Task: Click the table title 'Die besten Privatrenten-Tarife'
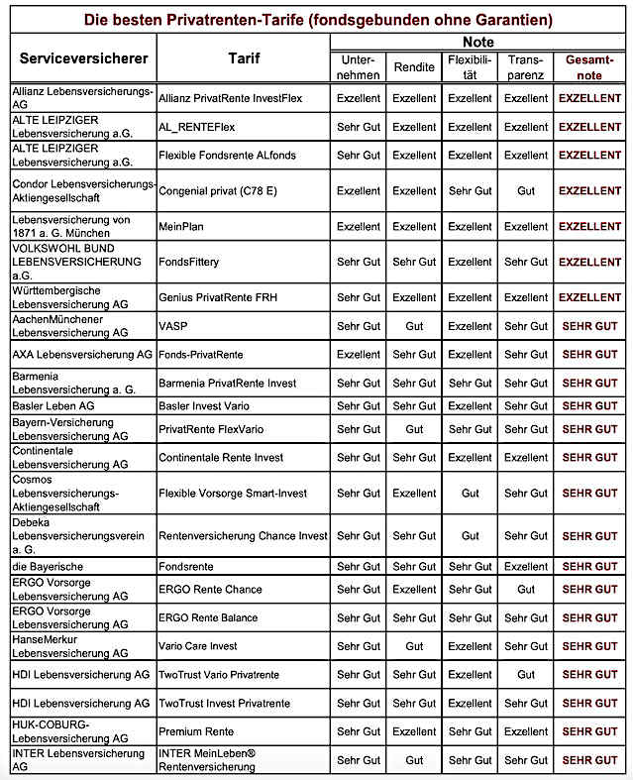[316, 19]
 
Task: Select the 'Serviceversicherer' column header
[84, 58]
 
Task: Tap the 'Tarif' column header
[242, 58]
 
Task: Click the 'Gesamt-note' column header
[589, 67]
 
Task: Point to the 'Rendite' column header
[414, 67]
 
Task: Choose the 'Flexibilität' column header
[470, 67]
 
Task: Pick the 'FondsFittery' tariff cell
[189, 263]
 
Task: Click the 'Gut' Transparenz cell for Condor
[526, 191]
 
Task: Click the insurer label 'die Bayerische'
[48, 566]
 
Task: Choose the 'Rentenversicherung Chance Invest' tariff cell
[243, 536]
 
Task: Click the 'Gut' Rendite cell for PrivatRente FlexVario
[414, 429]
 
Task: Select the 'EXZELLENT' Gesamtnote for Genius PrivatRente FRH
[589, 297]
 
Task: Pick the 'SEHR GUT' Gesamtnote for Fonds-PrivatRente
[589, 355]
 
